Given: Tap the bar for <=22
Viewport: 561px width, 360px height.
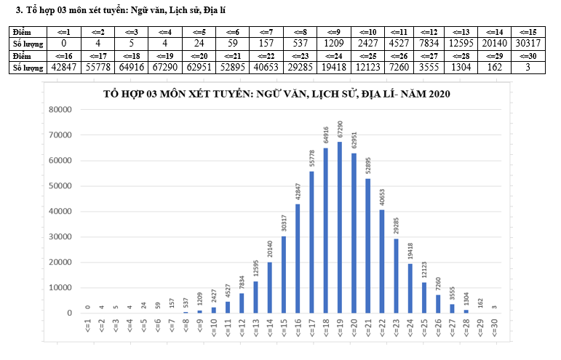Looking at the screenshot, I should pos(381,261).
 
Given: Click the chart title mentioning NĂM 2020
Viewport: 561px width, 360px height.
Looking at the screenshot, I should pos(277,94).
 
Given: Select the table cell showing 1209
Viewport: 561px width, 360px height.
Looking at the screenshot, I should pos(333,44).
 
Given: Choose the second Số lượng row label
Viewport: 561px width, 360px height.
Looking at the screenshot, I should pos(26,68).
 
